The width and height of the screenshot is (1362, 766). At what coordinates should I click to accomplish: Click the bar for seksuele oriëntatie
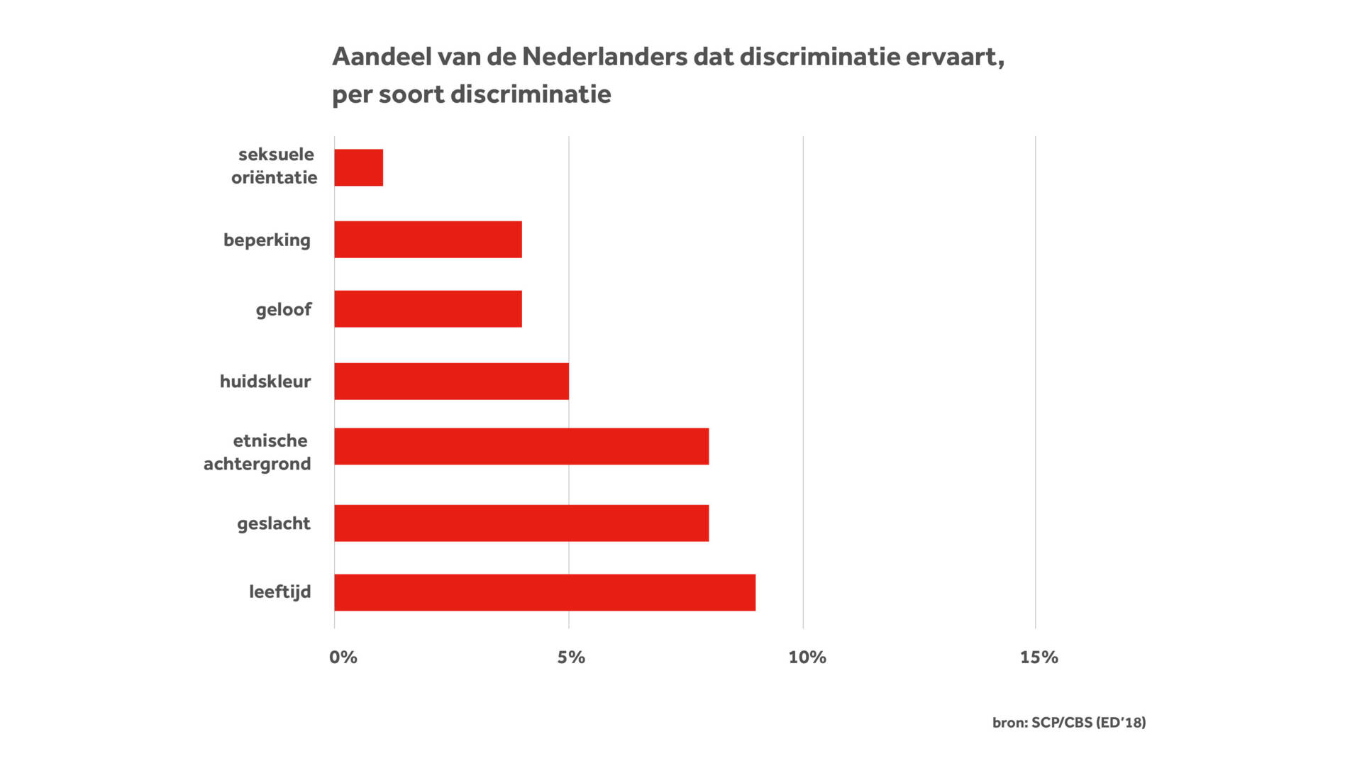point(358,167)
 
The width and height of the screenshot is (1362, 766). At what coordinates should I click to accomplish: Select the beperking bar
point(428,239)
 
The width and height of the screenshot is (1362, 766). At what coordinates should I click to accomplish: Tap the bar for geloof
point(428,309)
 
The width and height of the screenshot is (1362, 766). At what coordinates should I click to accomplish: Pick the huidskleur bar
point(451,381)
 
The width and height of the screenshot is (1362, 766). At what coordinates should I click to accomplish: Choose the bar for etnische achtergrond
point(521,446)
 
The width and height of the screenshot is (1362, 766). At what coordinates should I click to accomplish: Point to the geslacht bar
point(521,523)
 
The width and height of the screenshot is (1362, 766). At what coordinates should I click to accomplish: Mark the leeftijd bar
point(545,592)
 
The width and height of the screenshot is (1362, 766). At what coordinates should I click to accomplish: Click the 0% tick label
point(343,657)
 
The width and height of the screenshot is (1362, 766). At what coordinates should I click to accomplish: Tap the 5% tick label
point(571,657)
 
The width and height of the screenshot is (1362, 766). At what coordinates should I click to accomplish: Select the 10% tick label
point(807,657)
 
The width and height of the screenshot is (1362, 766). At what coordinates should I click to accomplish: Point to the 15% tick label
point(1039,657)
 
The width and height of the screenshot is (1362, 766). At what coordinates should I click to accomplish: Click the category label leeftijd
point(279,592)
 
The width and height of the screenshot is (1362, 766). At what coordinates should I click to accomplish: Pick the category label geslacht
point(274,523)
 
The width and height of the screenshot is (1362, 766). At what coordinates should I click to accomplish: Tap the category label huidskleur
point(265,382)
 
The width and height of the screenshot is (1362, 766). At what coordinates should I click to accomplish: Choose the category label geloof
point(284,310)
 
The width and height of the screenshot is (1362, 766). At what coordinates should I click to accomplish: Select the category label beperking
point(267,240)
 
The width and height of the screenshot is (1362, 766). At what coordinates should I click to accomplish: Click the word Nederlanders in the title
point(604,57)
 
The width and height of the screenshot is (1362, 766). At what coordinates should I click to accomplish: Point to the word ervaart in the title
point(954,57)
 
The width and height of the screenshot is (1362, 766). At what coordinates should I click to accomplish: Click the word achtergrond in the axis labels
point(258,465)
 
